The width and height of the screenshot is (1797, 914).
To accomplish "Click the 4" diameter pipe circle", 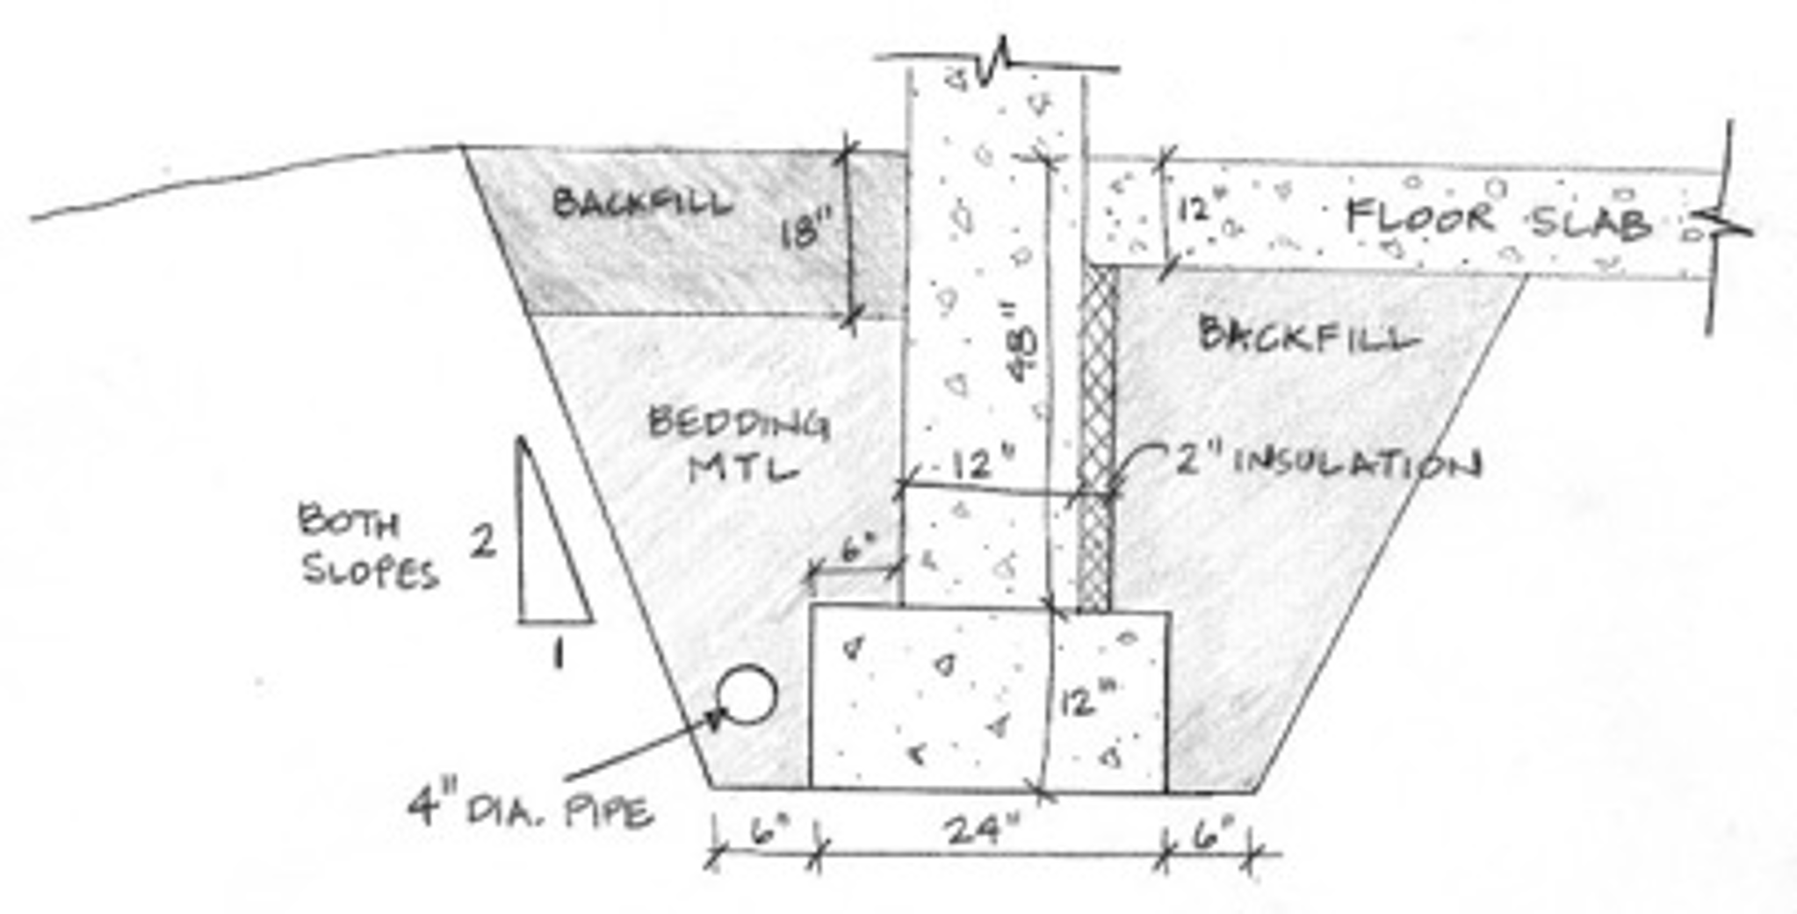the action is [747, 694].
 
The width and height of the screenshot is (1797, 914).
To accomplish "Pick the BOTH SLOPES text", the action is [368, 544].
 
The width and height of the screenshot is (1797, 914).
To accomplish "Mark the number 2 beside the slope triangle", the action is [482, 541].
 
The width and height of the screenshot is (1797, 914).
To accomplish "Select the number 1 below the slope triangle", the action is [558, 653].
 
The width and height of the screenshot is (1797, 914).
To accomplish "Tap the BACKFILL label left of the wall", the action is [641, 204].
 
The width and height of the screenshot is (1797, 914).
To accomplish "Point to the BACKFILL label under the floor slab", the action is [1309, 335].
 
